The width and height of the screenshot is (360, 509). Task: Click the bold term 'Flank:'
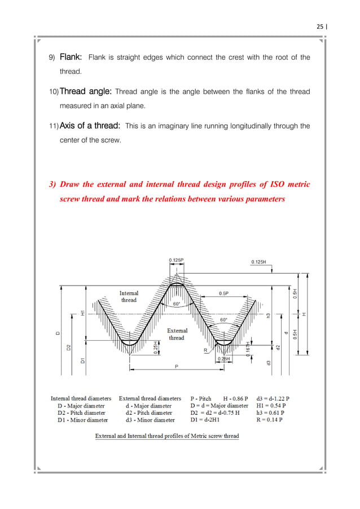pyautogui.click(x=72, y=57)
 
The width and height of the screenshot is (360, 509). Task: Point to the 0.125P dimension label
pyautogui.click(x=178, y=260)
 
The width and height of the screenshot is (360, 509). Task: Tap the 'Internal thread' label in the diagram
pyautogui.click(x=129, y=297)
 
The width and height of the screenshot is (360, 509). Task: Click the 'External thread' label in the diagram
pyautogui.click(x=177, y=334)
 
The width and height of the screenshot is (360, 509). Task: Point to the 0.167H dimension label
pyautogui.click(x=248, y=349)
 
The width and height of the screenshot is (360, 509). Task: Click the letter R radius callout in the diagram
pyautogui.click(x=206, y=350)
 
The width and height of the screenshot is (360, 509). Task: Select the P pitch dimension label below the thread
pyautogui.click(x=176, y=366)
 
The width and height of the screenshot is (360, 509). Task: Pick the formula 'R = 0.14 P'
pyautogui.click(x=270, y=420)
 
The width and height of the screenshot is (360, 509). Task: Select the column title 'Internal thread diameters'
pyautogui.click(x=81, y=398)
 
